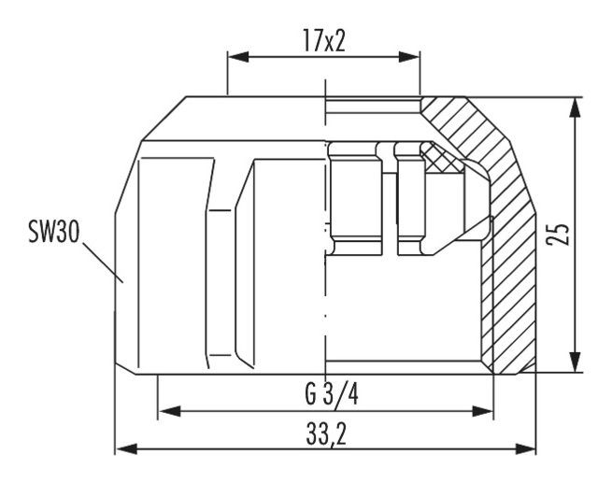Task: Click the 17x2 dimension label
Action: [324, 40]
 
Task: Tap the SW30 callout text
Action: [54, 232]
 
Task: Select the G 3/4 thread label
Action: [332, 394]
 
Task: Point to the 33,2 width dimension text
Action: [326, 434]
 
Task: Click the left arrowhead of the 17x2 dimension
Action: [238, 57]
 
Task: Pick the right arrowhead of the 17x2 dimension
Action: [409, 57]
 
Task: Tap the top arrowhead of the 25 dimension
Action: [574, 107]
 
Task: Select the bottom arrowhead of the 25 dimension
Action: [574, 362]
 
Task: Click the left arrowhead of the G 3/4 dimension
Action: [170, 411]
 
